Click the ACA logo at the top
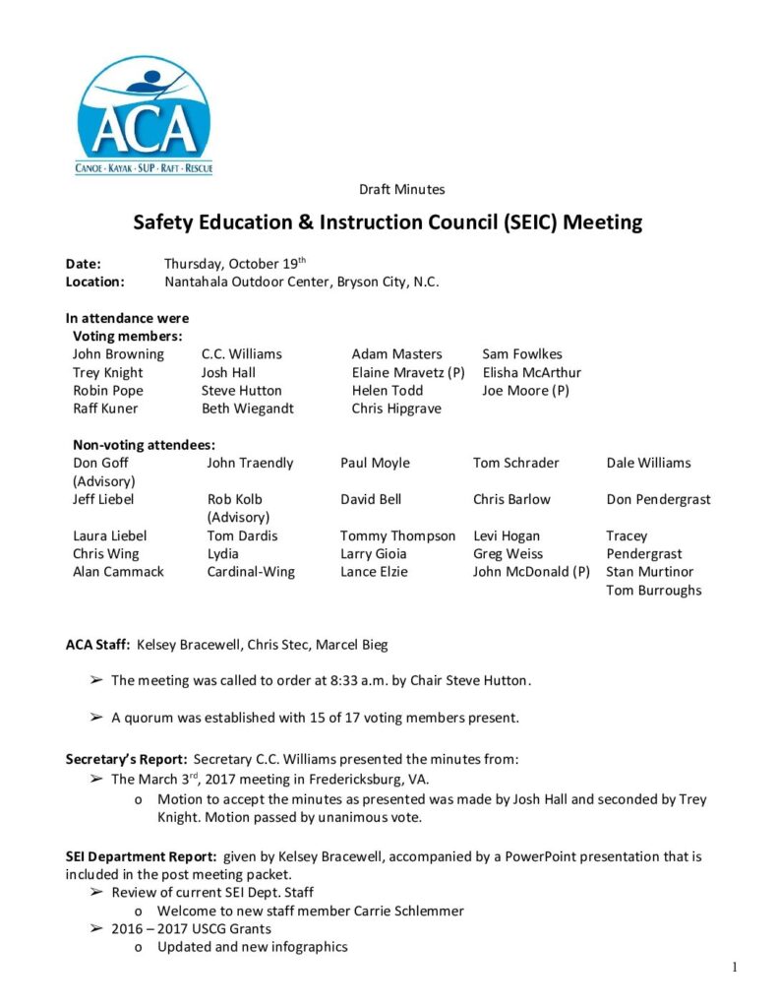point(144,116)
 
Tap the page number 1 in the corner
point(734,968)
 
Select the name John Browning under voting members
point(118,354)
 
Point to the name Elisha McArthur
point(531,373)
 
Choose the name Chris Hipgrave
point(396,409)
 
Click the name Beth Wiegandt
point(247,409)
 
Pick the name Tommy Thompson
point(397,536)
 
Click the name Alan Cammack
point(118,572)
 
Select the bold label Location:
point(94,282)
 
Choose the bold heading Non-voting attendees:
point(144,445)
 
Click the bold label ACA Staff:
point(97,645)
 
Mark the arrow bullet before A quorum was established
point(96,718)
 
